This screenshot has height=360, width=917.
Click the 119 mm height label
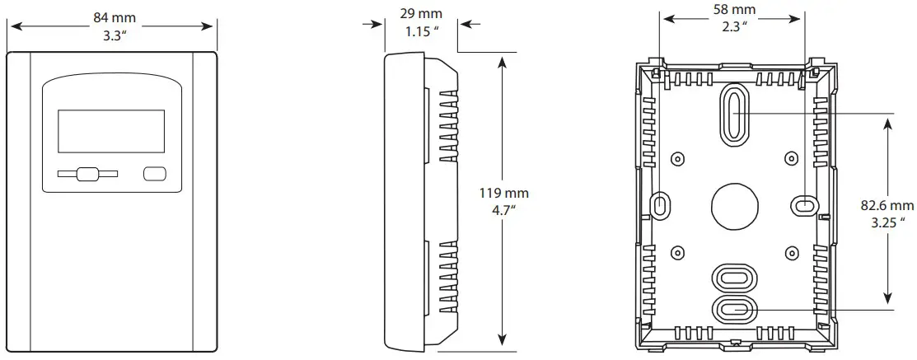(503, 193)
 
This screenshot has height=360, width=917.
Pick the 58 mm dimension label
(733, 9)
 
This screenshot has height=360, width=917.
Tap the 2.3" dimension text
(733, 26)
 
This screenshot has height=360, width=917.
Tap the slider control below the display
(87, 174)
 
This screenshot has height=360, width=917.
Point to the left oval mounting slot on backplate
(661, 204)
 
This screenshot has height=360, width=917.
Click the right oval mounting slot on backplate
(804, 203)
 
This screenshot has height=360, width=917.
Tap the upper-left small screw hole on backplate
(676, 157)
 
